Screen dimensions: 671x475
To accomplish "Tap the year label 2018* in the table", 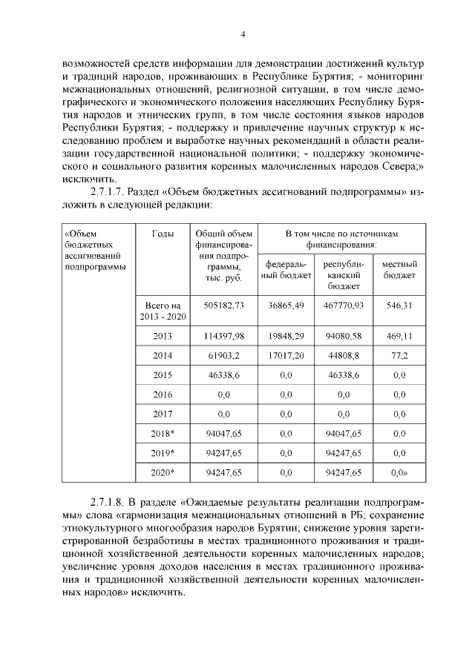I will (x=163, y=433).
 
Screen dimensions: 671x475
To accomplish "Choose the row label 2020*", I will (x=163, y=472).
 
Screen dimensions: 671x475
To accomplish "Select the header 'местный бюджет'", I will (x=399, y=269).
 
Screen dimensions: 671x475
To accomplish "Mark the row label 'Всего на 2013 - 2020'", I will (x=163, y=310).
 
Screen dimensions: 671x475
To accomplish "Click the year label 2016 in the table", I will (x=163, y=394).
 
